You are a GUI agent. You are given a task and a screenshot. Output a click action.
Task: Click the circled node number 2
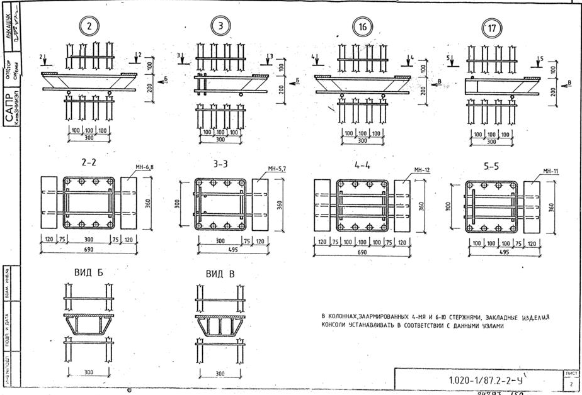tap(90, 26)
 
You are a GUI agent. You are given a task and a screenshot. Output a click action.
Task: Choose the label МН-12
tap(421, 170)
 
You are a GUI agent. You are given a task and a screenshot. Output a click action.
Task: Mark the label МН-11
tap(551, 171)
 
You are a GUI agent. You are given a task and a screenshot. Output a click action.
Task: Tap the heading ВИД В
tap(220, 274)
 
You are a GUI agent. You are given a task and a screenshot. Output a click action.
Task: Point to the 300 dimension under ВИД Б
tap(89, 372)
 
